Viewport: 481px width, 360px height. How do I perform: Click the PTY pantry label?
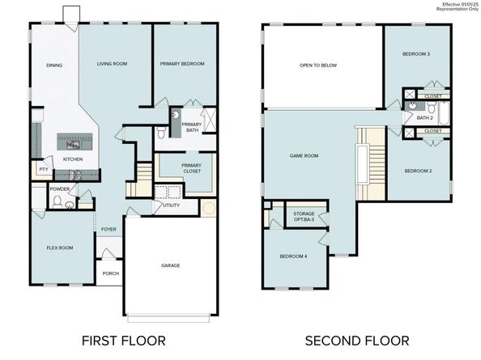44,169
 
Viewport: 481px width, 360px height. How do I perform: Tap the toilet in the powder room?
57,201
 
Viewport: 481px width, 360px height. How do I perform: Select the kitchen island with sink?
74,142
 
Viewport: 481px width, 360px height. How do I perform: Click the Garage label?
171,265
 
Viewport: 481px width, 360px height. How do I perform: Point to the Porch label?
111,273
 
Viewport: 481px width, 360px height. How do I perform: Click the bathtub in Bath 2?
444,113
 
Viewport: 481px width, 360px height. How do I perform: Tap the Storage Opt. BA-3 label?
304,217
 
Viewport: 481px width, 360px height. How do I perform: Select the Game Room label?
304,155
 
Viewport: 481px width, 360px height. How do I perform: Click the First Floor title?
124,341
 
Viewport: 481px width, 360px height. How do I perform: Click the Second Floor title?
357,341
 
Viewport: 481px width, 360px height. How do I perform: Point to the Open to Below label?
318,66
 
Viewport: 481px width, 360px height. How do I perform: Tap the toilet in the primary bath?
161,133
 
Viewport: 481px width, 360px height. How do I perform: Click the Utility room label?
171,205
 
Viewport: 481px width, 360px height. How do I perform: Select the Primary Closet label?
192,168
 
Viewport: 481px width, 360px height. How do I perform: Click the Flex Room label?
60,248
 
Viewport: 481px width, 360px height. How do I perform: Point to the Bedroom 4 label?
293,256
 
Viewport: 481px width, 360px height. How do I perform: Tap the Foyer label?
109,229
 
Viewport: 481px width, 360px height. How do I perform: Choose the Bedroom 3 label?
416,54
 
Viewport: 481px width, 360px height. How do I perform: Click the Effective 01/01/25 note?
460,4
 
